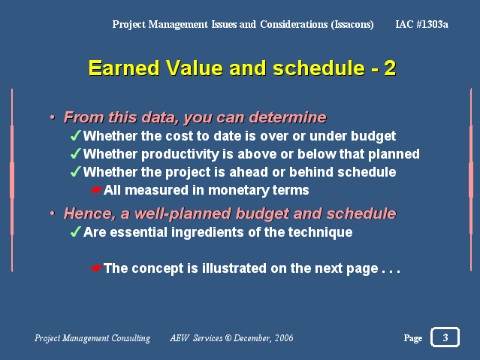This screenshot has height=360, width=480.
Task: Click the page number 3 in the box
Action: tap(445, 337)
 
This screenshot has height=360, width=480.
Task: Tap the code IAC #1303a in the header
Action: tap(422, 24)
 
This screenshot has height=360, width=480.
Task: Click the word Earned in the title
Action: tap(124, 68)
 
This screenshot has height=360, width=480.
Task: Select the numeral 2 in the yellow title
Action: tap(390, 68)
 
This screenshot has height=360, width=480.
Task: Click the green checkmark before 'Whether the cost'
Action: tap(76, 135)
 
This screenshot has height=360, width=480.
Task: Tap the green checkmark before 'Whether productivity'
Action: tap(76, 153)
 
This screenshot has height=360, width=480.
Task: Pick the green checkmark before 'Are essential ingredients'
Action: tap(76, 231)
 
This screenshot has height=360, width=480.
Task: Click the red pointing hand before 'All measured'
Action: tap(96, 190)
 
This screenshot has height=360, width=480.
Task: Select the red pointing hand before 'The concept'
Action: tap(96, 268)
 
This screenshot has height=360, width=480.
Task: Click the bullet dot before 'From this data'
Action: tap(53, 117)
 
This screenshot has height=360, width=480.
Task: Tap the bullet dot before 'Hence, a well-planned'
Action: tap(53, 213)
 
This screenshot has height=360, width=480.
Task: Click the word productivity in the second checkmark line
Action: tap(180, 154)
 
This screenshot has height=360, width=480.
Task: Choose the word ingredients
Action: tap(207, 232)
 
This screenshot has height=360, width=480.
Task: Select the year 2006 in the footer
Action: tap(284, 338)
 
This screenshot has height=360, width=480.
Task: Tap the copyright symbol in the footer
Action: tap(228, 338)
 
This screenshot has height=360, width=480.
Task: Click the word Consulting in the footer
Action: tap(131, 338)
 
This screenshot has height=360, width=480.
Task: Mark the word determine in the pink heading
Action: tap(288, 117)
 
